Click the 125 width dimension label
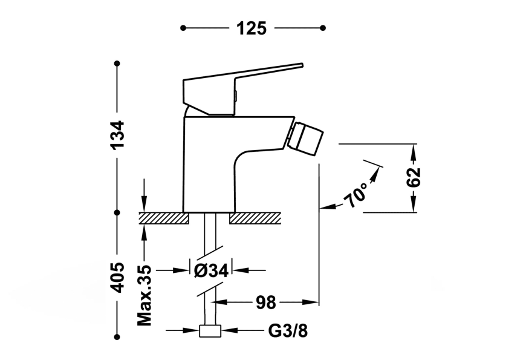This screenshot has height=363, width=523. (x=252, y=28)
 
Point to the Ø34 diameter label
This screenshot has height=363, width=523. (x=211, y=270)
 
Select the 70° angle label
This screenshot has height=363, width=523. (x=357, y=195)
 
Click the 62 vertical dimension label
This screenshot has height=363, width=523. (x=414, y=178)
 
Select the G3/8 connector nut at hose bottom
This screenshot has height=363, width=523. (x=210, y=331)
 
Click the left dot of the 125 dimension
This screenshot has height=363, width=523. (x=183, y=28)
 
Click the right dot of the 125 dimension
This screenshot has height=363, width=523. (x=323, y=28)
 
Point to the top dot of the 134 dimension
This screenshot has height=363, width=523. (x=117, y=63)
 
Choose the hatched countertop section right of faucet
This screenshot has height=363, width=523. (x=255, y=218)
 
